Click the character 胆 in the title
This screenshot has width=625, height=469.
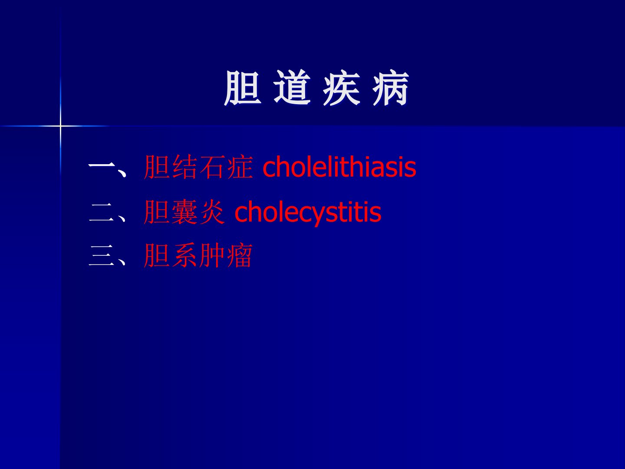243,88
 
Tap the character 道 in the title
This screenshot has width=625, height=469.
292,87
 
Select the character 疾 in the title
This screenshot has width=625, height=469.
342,88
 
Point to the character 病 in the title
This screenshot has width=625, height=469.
391,88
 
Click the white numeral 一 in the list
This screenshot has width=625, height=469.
102,165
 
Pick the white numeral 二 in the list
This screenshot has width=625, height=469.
102,212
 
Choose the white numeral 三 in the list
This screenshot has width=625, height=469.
102,255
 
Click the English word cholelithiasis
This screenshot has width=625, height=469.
339,167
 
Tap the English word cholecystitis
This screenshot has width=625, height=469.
308,212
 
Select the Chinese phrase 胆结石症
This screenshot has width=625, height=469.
198,167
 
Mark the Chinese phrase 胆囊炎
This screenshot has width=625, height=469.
184,212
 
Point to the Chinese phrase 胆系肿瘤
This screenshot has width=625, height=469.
198,255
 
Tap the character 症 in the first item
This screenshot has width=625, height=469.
240,167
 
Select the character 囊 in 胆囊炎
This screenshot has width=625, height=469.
184,212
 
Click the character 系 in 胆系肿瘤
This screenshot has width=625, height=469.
184,255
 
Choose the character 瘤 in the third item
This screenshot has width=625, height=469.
240,255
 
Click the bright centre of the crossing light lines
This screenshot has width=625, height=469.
60,126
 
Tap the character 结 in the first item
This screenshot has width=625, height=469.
184,167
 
